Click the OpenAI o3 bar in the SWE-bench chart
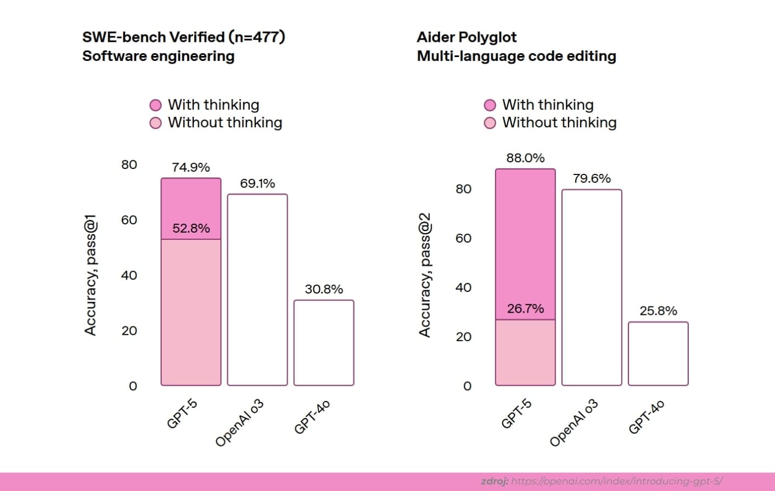257,290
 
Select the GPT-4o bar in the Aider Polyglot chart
658,354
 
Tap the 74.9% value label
191,167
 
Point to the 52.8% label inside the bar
191,228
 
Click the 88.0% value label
525,158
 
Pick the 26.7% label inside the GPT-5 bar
525,309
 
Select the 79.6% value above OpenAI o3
592,178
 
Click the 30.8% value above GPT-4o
324,289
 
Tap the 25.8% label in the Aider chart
658,311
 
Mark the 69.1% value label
257,183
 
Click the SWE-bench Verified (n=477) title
183,37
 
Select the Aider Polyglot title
467,37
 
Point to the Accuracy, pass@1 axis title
91,275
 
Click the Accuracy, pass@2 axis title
425,275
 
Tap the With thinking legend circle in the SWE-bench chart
156,105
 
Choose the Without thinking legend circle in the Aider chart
490,123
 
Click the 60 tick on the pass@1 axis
129,220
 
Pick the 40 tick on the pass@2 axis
463,287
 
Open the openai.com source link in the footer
616,481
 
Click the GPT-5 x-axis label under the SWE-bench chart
182,414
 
